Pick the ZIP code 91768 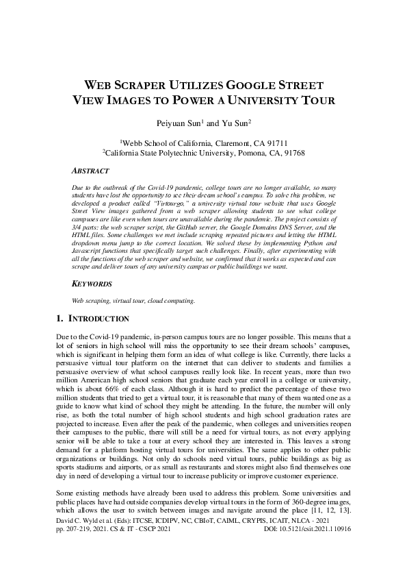(x=291, y=153)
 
